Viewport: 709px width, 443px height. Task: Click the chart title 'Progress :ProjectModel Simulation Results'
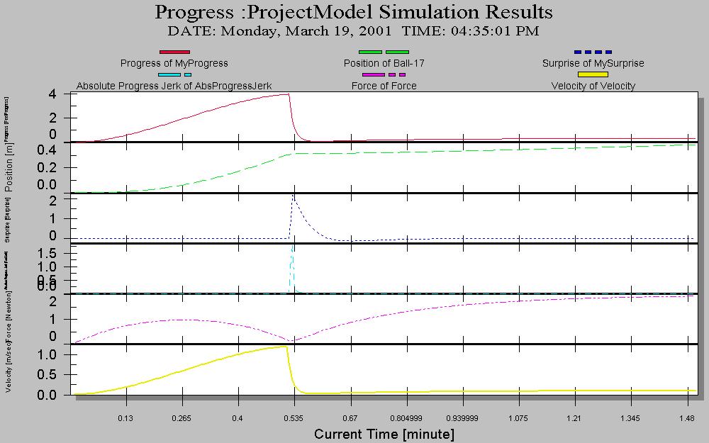(354, 12)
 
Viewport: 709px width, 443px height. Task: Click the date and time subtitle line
(353, 31)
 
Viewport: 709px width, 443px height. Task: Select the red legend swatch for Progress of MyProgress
(174, 52)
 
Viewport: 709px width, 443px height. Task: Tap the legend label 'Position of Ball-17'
(384, 63)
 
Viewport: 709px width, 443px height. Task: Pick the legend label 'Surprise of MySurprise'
(593, 63)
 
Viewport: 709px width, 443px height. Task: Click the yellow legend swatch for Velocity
(593, 74)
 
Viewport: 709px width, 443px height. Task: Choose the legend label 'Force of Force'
(384, 86)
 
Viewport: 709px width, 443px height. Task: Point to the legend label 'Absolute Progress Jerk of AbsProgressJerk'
(174, 86)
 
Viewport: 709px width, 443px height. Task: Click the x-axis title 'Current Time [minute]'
(384, 433)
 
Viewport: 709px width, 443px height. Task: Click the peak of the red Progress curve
(287, 94)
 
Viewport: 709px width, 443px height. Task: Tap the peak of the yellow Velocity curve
(285, 347)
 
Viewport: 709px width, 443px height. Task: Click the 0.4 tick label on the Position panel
(47, 150)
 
